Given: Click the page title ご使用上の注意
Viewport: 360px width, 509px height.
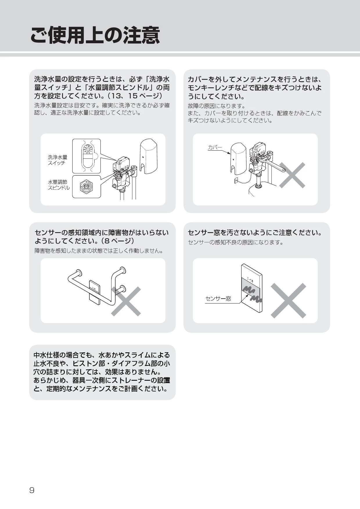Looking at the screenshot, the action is click(95, 35).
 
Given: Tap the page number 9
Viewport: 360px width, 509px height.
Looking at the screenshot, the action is click(32, 490).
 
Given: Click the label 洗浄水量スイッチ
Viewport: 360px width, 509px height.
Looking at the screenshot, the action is click(57, 160).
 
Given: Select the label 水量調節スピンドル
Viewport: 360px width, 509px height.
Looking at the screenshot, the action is click(59, 185).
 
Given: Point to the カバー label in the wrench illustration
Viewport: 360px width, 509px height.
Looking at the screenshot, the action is click(215, 147).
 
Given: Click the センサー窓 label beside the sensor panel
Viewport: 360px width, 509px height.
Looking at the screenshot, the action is click(218, 299).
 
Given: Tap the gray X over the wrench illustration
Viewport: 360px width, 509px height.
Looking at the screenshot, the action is click(292, 175).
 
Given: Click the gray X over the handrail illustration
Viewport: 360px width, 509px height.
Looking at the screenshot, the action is click(126, 301).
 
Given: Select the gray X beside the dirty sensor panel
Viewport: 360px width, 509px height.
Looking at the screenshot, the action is click(288, 301).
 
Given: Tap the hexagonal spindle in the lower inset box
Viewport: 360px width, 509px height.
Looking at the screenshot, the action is click(86, 186).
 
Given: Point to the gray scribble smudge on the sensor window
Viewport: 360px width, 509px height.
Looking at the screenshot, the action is click(252, 293).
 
